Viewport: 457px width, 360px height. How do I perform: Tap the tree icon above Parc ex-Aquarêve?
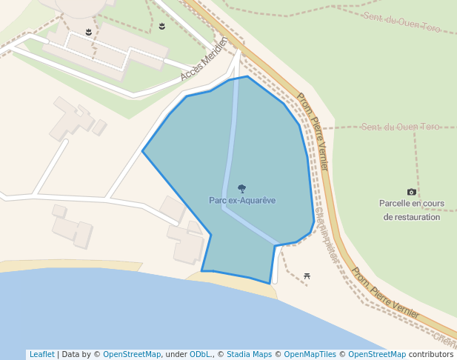[241, 189]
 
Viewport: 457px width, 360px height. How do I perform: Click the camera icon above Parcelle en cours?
[412, 192]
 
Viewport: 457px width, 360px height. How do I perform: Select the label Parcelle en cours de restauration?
[411, 210]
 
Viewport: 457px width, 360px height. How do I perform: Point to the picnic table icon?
[307, 276]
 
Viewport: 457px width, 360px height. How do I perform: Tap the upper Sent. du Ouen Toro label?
[402, 22]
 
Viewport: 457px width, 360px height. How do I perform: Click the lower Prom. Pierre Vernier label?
[385, 293]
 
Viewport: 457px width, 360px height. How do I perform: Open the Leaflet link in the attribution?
[41, 354]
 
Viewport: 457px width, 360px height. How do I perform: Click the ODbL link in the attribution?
[199, 354]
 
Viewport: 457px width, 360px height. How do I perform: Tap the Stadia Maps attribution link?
[249, 354]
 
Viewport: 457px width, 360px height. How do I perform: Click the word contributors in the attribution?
[431, 354]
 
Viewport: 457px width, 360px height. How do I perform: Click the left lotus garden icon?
[89, 32]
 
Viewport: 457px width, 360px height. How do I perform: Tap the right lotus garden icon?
[161, 27]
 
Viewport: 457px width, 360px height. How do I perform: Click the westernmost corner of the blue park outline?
[142, 151]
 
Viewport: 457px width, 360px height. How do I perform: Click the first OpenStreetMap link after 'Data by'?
[132, 354]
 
